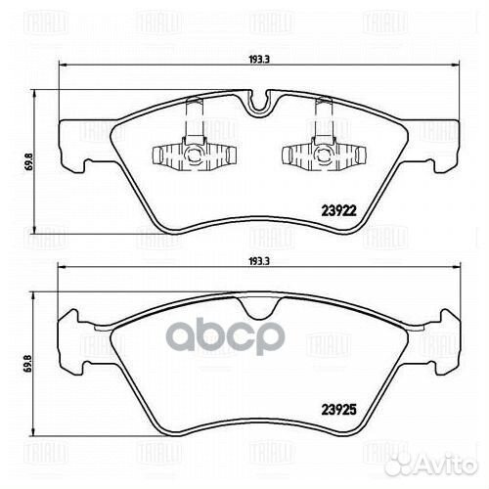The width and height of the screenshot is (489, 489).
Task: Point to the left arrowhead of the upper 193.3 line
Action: pos(64,65)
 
